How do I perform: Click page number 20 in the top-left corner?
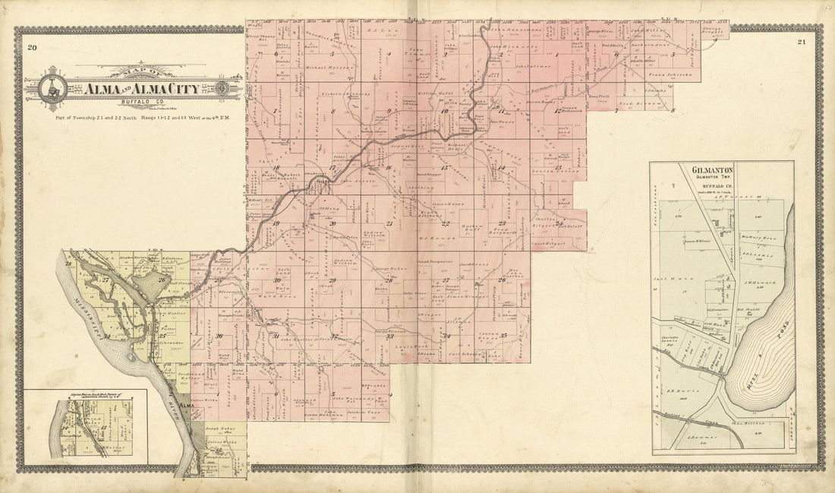[32, 49]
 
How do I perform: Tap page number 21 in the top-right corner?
[802, 43]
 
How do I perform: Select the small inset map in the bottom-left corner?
[86, 426]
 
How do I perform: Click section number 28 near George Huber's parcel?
[388, 280]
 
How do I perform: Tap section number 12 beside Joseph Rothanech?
[557, 111]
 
